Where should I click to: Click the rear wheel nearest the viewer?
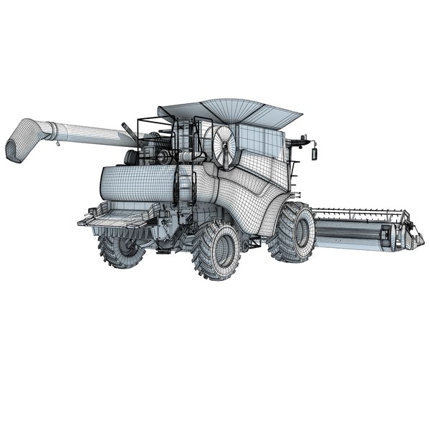(x=216, y=251)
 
